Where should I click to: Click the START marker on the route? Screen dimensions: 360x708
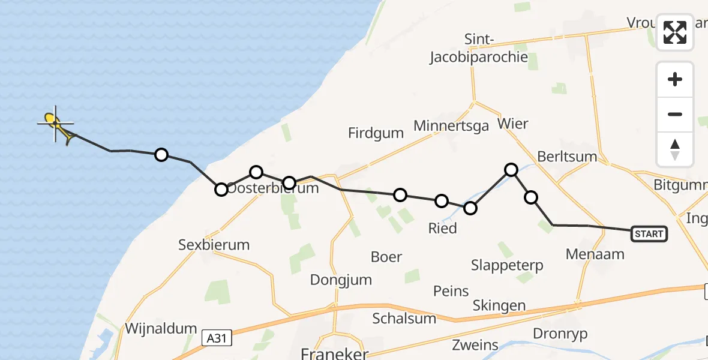tap(649, 233)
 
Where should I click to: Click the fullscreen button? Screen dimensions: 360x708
tap(675, 32)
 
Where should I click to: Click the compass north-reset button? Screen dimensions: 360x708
tap(675, 149)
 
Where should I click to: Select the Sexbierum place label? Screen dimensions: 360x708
tap(214, 245)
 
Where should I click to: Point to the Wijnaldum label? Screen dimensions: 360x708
tap(161, 328)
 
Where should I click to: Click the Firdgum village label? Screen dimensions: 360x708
tap(376, 133)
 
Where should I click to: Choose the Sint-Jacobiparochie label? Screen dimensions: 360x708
tap(479, 49)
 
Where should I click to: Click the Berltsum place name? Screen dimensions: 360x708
tap(567, 157)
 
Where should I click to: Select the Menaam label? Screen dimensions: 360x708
tap(595, 254)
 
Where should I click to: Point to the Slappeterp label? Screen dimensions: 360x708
tap(507, 265)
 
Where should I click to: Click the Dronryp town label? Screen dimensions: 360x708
tap(560, 334)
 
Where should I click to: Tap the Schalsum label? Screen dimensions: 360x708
tap(404, 318)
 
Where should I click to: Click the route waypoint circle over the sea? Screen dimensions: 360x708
tap(161, 155)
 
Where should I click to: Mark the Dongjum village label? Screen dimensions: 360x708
tap(341, 280)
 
